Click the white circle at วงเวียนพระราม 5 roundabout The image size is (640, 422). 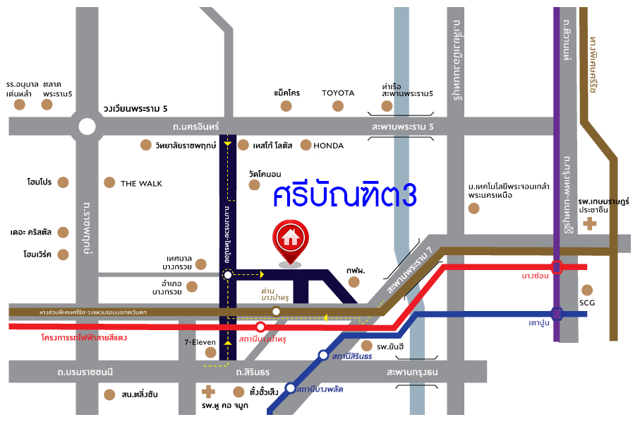click(x=87, y=127)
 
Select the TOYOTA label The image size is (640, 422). click(x=338, y=93)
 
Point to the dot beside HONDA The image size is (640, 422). click(x=306, y=145)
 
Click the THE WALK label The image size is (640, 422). click(x=141, y=184)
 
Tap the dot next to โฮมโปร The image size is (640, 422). click(x=64, y=182)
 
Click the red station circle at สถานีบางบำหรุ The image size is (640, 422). click(x=261, y=327)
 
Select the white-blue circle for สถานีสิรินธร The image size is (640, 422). click(x=323, y=356)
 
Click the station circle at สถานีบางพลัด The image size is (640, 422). click(x=290, y=388)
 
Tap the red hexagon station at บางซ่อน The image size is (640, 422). click(x=557, y=266)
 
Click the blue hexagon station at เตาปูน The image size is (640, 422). click(x=557, y=313)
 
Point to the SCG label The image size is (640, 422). click(x=587, y=304)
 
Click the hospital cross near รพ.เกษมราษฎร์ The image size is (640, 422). click(x=589, y=224)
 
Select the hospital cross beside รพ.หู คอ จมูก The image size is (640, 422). click(x=208, y=391)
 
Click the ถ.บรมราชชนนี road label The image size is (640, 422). click(x=87, y=371)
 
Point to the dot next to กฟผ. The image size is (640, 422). click(x=354, y=283)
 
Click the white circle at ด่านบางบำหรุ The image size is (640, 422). click(x=277, y=311)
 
